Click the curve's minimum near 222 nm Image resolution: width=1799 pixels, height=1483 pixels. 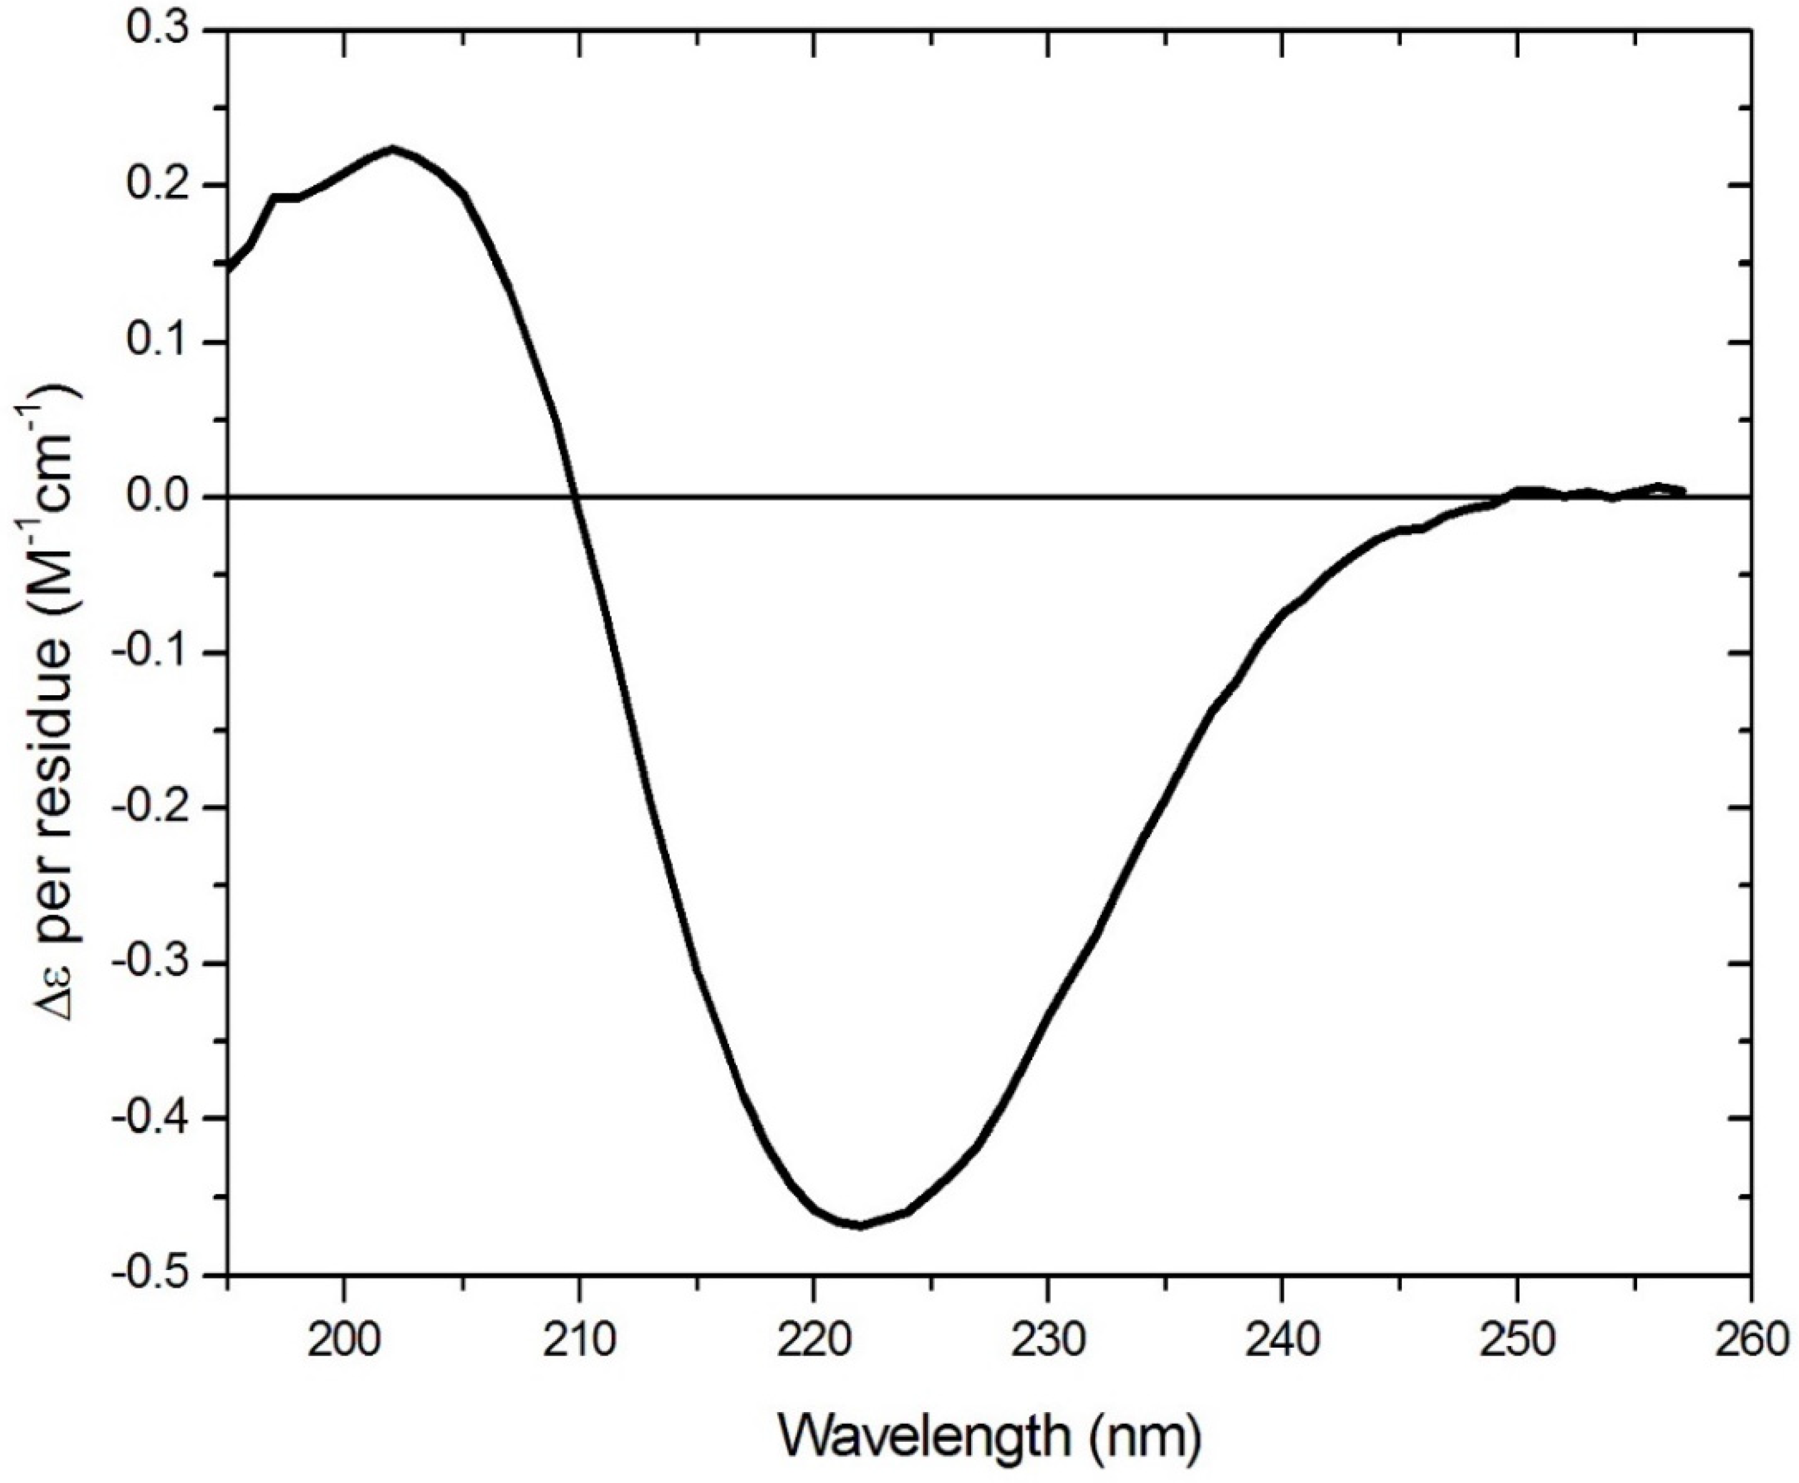[859, 1226]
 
